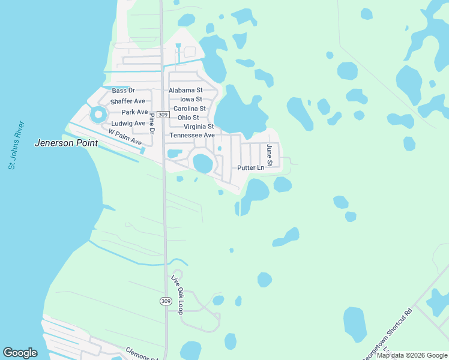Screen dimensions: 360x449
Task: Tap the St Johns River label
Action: tap(16, 145)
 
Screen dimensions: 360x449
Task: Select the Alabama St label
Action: tap(190, 91)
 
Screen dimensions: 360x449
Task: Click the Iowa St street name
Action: tap(191, 100)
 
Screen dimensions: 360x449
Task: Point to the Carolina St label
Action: tap(190, 109)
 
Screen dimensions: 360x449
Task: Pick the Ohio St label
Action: tap(188, 118)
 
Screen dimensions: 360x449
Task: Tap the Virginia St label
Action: tap(199, 127)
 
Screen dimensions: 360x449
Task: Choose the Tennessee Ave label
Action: tap(192, 136)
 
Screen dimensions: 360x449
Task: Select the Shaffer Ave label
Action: tap(128, 101)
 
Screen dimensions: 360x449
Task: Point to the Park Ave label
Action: tap(134, 112)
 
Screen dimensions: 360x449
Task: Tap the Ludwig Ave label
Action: tap(128, 124)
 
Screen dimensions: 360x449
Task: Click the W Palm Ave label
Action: tap(125, 137)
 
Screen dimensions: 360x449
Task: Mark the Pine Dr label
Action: tap(152, 123)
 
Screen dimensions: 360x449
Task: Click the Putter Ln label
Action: tap(250, 168)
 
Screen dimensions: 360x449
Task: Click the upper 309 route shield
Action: tap(163, 114)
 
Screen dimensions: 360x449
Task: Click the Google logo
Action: tap(20, 353)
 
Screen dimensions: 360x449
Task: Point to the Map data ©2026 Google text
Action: tap(412, 355)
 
